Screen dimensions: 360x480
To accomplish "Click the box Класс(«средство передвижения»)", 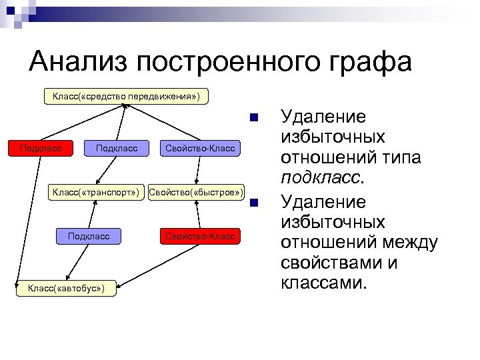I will coord(126,97).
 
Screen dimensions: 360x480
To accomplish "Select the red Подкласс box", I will coord(41,148).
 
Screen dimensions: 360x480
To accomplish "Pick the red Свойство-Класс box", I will coord(200,236).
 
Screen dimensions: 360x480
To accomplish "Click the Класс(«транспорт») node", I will coord(95,193).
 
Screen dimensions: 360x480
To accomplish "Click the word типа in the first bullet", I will coord(402,159).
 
